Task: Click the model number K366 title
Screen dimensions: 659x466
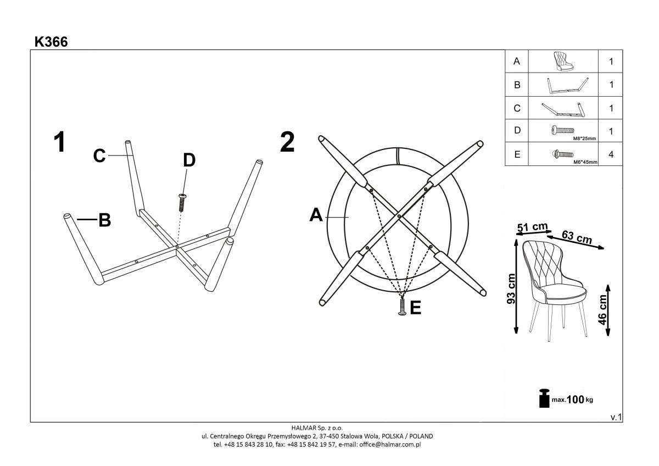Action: tap(51, 42)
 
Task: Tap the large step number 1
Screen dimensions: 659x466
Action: tap(60, 142)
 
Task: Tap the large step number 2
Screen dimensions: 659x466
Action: tap(287, 142)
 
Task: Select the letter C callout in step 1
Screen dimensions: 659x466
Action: tap(99, 156)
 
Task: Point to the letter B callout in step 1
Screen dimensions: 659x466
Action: tap(105, 220)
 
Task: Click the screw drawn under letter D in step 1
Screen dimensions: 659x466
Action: tap(182, 203)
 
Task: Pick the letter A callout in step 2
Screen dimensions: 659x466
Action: tap(316, 215)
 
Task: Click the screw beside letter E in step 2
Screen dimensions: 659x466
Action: tap(402, 307)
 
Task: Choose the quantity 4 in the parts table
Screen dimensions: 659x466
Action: tap(611, 154)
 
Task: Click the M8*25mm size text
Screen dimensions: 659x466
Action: tap(584, 138)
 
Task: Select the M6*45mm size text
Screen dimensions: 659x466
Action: tap(585, 162)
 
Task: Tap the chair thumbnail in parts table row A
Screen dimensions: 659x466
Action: tap(563, 61)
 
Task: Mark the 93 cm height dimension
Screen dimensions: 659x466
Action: tap(511, 289)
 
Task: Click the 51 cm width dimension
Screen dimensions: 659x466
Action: tap(533, 227)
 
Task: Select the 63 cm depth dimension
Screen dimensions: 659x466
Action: tap(577, 237)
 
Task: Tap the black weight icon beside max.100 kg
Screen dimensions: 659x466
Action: tap(544, 398)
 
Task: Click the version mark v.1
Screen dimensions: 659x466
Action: tap(616, 417)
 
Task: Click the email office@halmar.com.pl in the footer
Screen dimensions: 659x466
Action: tap(390, 445)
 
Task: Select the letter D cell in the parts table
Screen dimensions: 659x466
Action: tap(517, 130)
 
